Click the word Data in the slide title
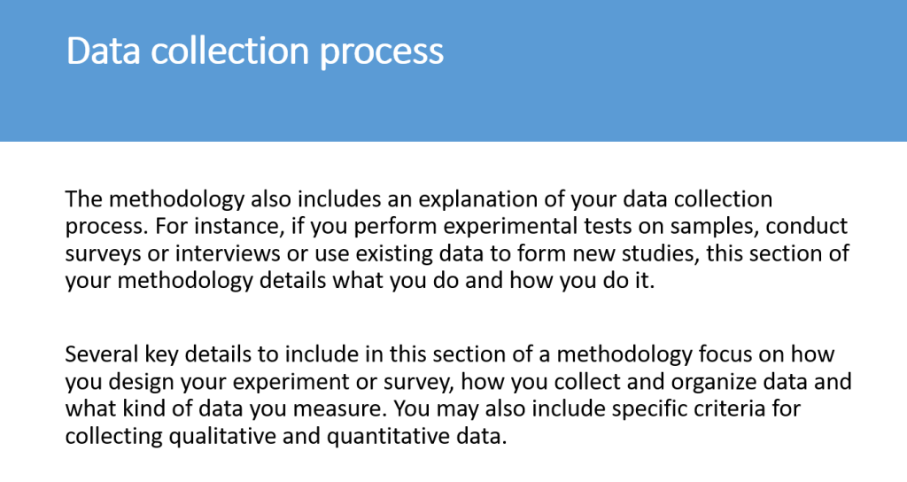click(x=104, y=51)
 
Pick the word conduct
click(x=806, y=226)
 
